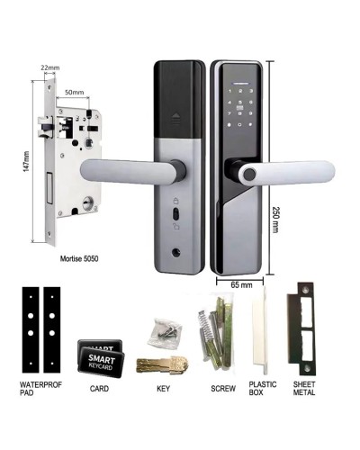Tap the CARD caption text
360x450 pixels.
tap(101, 389)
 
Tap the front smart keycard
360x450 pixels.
tap(109, 360)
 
